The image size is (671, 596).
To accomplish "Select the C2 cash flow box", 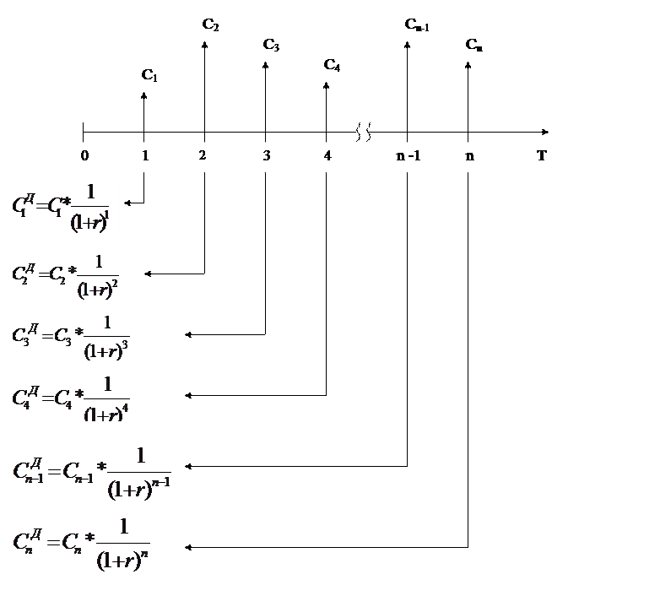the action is [214, 26].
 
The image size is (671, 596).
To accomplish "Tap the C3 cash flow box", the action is [275, 46].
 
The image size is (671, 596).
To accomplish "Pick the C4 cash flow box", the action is [336, 66].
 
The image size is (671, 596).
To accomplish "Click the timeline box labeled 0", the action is [84, 157].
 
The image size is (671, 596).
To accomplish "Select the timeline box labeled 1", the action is [149, 157].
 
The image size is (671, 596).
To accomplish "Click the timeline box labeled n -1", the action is [407, 157].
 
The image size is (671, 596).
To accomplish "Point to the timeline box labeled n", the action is [472, 157].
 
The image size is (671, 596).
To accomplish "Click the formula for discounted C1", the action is [62, 207].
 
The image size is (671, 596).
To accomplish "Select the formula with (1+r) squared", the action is [67, 274].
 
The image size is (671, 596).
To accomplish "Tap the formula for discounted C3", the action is [71, 334].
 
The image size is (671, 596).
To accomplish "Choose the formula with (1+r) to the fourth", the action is [71, 394].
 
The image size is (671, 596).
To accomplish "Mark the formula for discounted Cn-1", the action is [92, 468].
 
